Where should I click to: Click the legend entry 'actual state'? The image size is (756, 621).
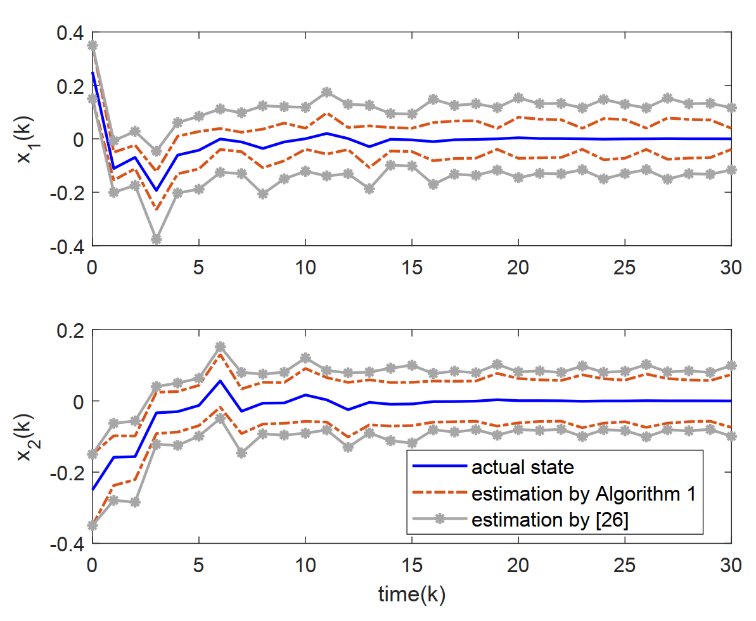click(522, 468)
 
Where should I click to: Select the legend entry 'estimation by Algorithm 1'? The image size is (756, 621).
click(583, 494)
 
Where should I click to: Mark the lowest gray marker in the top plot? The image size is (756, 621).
click(157, 240)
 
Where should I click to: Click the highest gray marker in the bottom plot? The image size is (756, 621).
click(221, 347)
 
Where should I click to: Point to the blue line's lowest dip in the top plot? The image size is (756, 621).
click(157, 191)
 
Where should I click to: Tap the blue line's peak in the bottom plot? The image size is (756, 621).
click(221, 381)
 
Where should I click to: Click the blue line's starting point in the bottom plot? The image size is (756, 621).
click(93, 489)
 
